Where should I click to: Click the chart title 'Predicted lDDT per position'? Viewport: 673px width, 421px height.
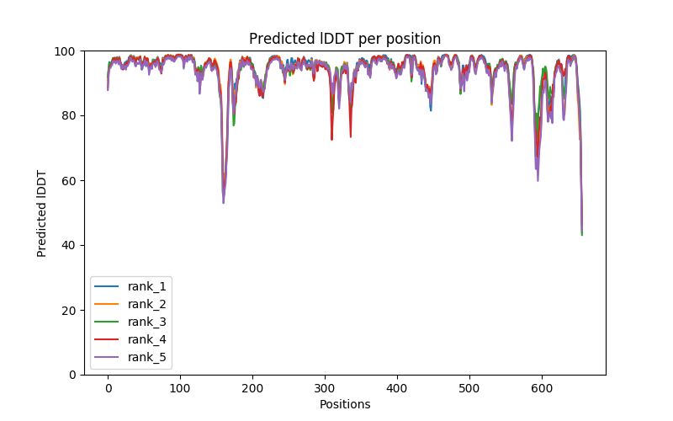[x=345, y=39]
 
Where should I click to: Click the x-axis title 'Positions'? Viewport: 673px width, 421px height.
[x=345, y=404]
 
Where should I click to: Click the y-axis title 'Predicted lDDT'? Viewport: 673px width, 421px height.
[x=42, y=213]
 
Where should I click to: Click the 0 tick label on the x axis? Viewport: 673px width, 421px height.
[x=108, y=388]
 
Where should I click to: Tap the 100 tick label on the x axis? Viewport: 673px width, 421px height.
[x=180, y=388]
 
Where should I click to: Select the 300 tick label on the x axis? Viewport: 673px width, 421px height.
[x=325, y=388]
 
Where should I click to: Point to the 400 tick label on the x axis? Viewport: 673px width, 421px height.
[x=397, y=388]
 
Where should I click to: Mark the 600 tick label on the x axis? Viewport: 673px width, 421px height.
[x=542, y=388]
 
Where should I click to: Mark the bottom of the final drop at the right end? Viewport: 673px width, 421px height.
[x=581, y=234]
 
